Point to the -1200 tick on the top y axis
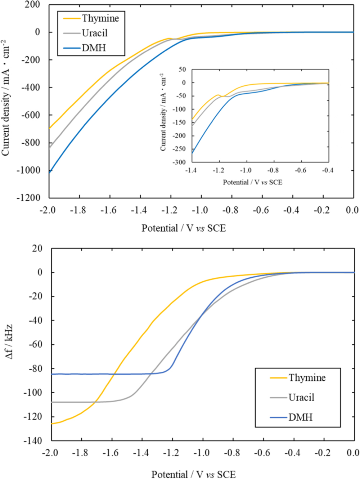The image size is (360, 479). click(30, 197)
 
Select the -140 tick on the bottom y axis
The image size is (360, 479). click(33, 440)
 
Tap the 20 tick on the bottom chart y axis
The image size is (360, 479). click(37, 249)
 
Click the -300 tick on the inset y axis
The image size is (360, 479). click(179, 162)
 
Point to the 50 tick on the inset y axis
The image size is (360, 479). click(182, 70)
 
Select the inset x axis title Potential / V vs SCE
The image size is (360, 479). click(252, 182)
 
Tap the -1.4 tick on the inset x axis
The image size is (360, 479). click(191, 170)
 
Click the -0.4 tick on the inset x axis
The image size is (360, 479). click(328, 170)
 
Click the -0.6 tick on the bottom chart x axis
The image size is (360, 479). click(262, 453)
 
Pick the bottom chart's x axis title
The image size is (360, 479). click(193, 474)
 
